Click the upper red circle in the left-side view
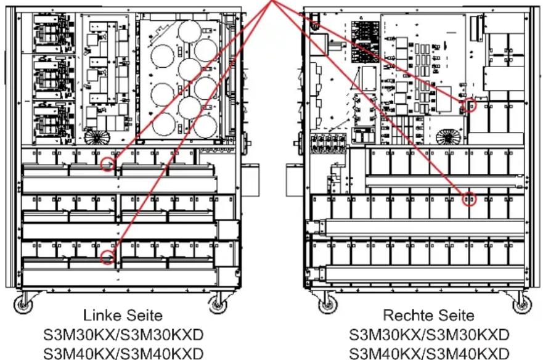108,165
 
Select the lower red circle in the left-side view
107,258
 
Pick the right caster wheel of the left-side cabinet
219,303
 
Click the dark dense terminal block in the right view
361,33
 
